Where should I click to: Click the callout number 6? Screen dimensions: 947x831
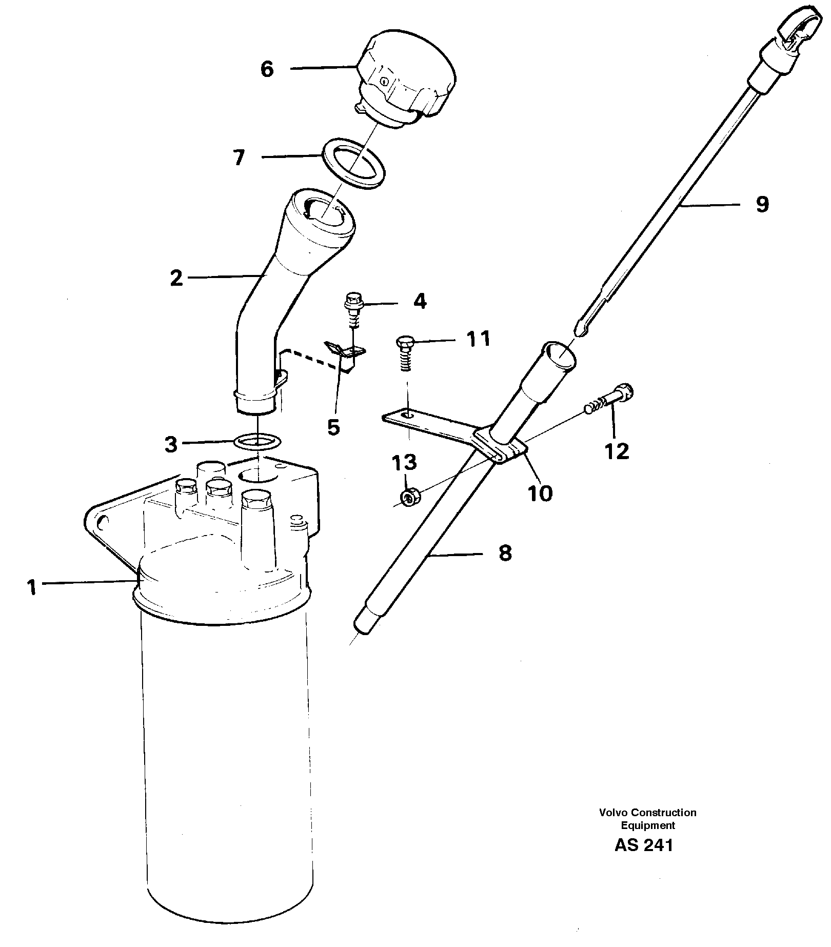point(267,69)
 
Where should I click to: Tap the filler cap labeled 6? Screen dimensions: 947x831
point(405,82)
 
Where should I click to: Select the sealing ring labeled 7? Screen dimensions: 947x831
point(354,170)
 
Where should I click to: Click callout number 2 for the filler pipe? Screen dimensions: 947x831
point(176,279)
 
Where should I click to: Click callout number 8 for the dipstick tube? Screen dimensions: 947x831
point(505,553)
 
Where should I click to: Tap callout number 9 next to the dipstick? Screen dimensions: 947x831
point(762,204)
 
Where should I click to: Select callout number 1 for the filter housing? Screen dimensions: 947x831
point(32,587)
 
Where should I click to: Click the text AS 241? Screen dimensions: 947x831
point(643,845)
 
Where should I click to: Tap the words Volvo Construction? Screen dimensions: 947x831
point(647,813)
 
